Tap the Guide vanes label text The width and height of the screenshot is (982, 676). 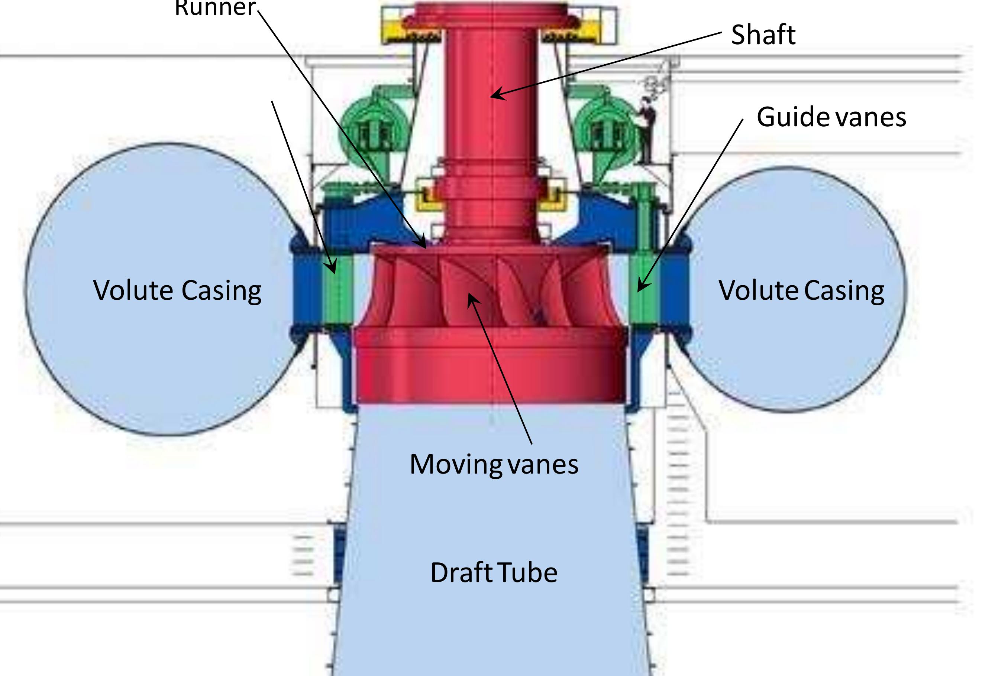tap(831, 117)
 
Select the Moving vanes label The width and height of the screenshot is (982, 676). tap(494, 465)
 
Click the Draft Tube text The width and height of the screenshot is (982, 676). tap(494, 573)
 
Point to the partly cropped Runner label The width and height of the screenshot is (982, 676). tap(215, 8)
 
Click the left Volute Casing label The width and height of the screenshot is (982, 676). tap(177, 290)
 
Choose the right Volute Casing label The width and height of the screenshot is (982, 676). tap(801, 290)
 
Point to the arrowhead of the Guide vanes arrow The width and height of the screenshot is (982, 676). tap(640, 289)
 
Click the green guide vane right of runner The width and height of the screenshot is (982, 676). tap(643, 292)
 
